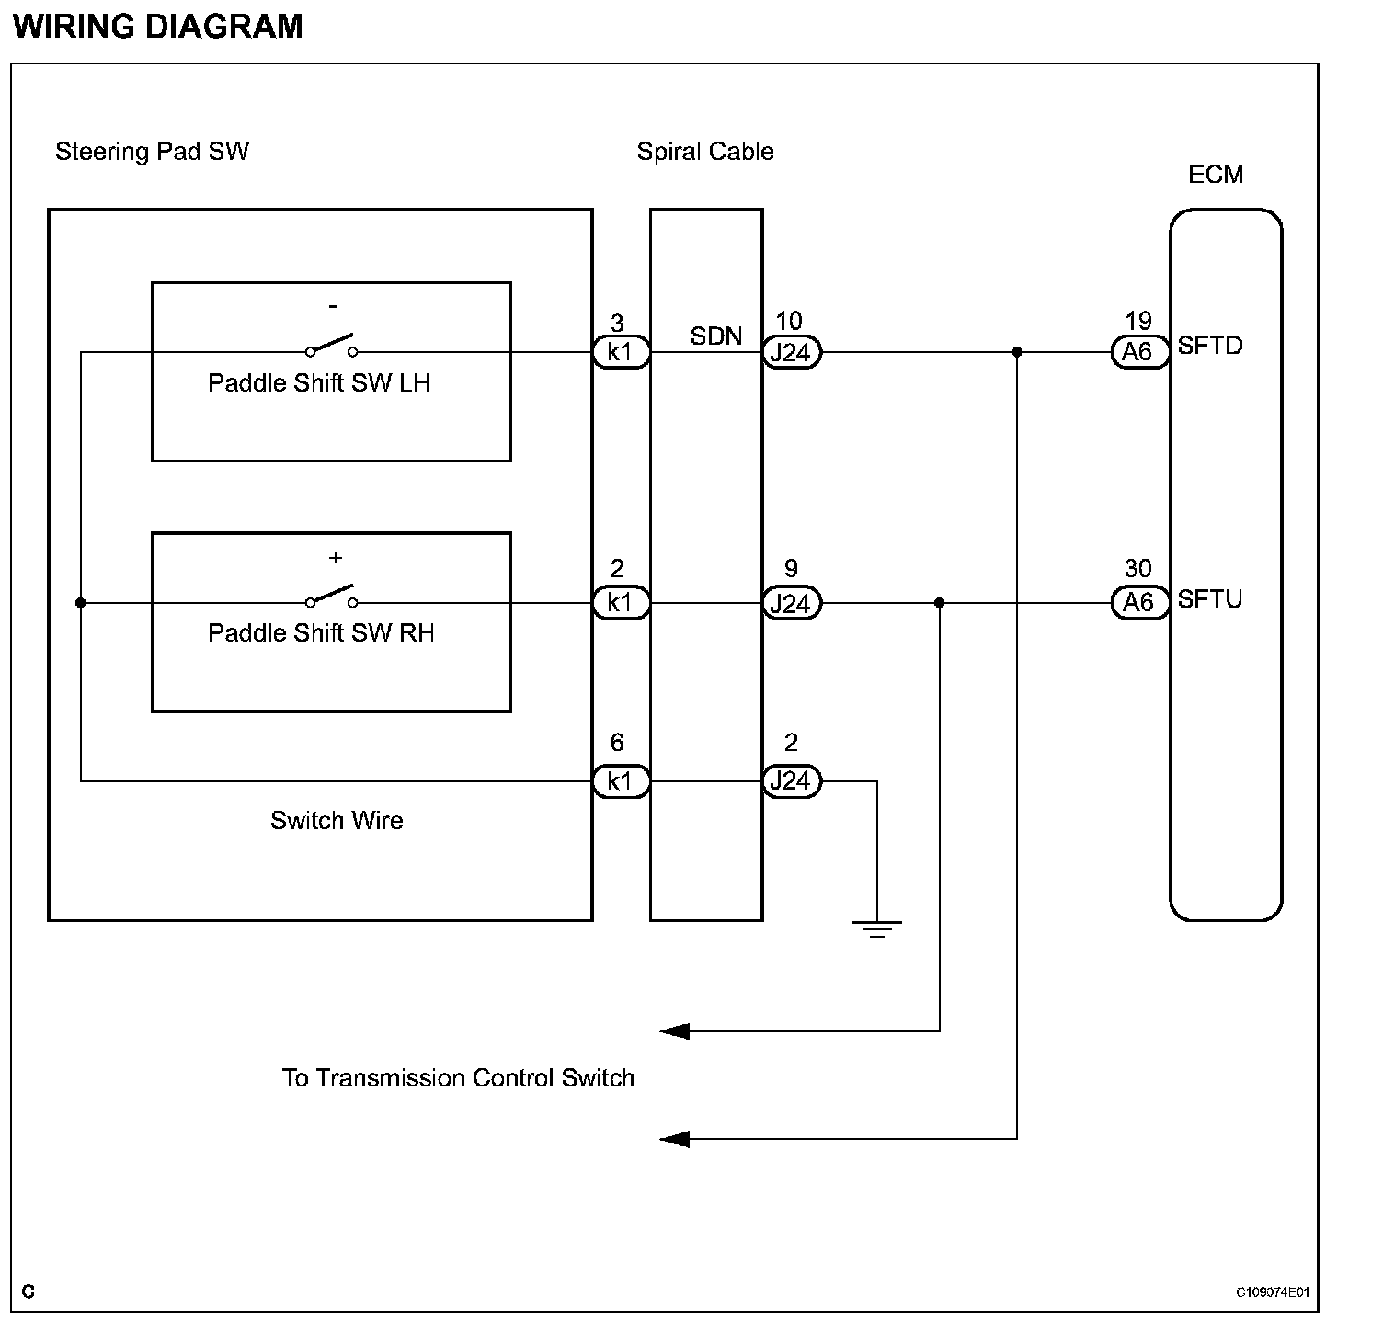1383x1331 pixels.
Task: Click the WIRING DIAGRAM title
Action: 157,26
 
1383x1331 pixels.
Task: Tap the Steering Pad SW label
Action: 152,152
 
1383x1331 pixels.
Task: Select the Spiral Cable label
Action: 705,152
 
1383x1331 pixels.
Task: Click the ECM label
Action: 1216,175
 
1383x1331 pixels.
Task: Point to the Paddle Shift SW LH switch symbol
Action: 332,346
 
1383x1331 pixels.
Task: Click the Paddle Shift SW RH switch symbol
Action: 332,597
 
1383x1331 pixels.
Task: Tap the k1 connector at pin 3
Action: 621,352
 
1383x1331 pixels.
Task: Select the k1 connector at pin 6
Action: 621,781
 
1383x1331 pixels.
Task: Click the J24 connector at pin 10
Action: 792,352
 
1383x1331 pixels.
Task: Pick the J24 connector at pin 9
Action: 792,603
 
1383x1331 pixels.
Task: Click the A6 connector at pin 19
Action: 1139,352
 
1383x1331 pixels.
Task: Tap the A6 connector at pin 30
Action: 1139,603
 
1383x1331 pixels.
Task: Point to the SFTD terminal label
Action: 1210,347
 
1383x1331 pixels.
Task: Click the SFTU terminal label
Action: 1210,599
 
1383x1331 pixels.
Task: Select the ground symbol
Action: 877,928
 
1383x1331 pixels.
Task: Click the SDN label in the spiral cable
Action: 716,336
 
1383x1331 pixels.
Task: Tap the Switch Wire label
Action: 337,820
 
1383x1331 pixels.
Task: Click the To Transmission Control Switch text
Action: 458,1078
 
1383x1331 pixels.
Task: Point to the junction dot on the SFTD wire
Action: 1017,352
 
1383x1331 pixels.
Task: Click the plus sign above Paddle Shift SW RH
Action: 336,558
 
